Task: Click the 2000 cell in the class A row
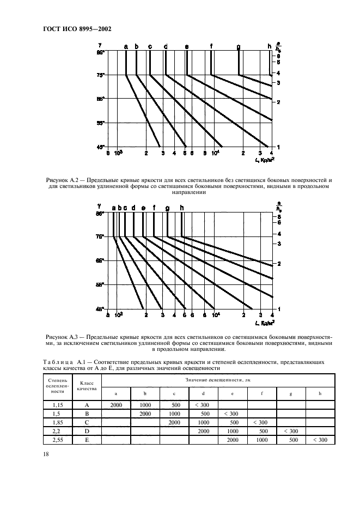tap(116, 405)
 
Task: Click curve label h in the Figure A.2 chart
tap(270, 46)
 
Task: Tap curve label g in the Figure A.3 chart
tap(167, 208)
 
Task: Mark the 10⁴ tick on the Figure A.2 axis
tap(216, 153)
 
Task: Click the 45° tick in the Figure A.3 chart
tap(100, 308)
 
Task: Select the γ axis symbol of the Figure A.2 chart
tap(100, 46)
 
